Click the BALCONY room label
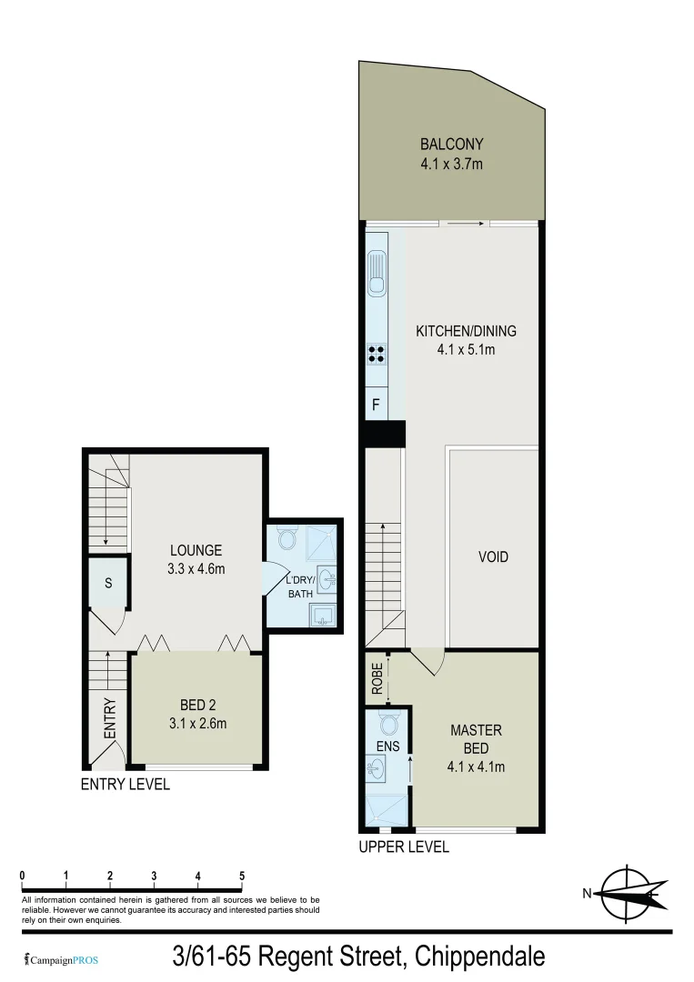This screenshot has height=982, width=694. tap(451, 144)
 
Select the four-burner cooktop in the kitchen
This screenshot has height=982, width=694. tap(376, 352)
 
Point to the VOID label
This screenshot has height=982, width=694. tap(493, 556)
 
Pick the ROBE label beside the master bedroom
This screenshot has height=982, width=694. tap(377, 678)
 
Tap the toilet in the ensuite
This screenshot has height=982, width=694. tap(388, 724)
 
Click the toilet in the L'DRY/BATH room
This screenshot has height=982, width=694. tap(287, 540)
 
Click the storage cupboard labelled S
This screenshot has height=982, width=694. tap(107, 583)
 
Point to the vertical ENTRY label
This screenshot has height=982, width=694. tap(110, 717)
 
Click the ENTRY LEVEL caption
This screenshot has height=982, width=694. tap(126, 784)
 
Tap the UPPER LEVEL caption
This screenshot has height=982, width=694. tap(404, 847)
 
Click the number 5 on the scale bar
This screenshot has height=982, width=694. tap(242, 877)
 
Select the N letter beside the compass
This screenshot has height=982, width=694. tap(588, 894)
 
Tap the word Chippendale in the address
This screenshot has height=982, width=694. tap(479, 957)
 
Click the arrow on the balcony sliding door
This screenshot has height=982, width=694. tap(465, 222)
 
